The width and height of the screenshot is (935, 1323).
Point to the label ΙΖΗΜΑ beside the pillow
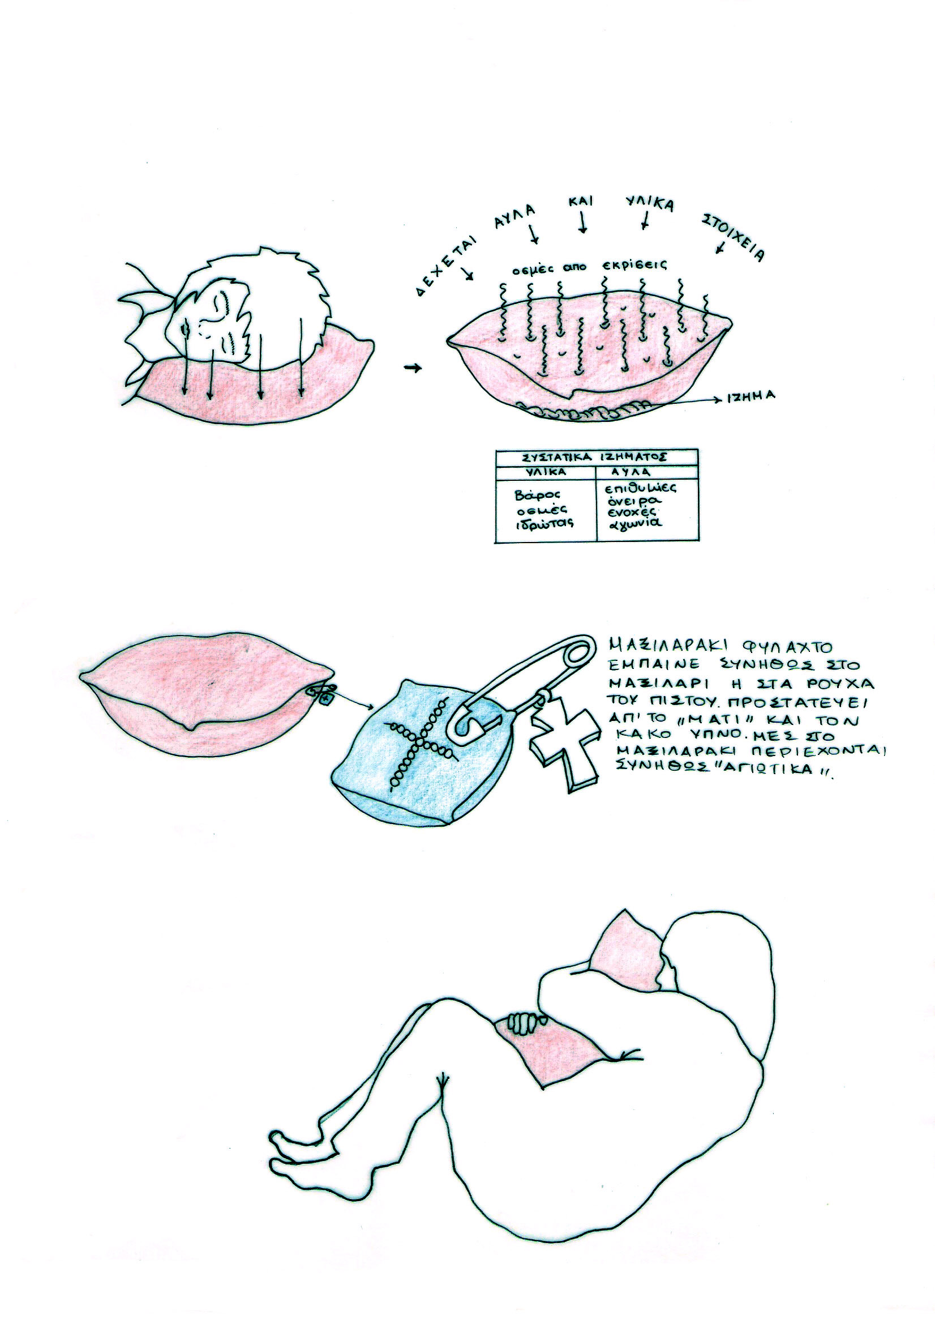750,396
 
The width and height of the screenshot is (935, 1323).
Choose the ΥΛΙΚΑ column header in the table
545,472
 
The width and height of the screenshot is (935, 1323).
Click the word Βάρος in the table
534,494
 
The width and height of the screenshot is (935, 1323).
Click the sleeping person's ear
221,306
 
